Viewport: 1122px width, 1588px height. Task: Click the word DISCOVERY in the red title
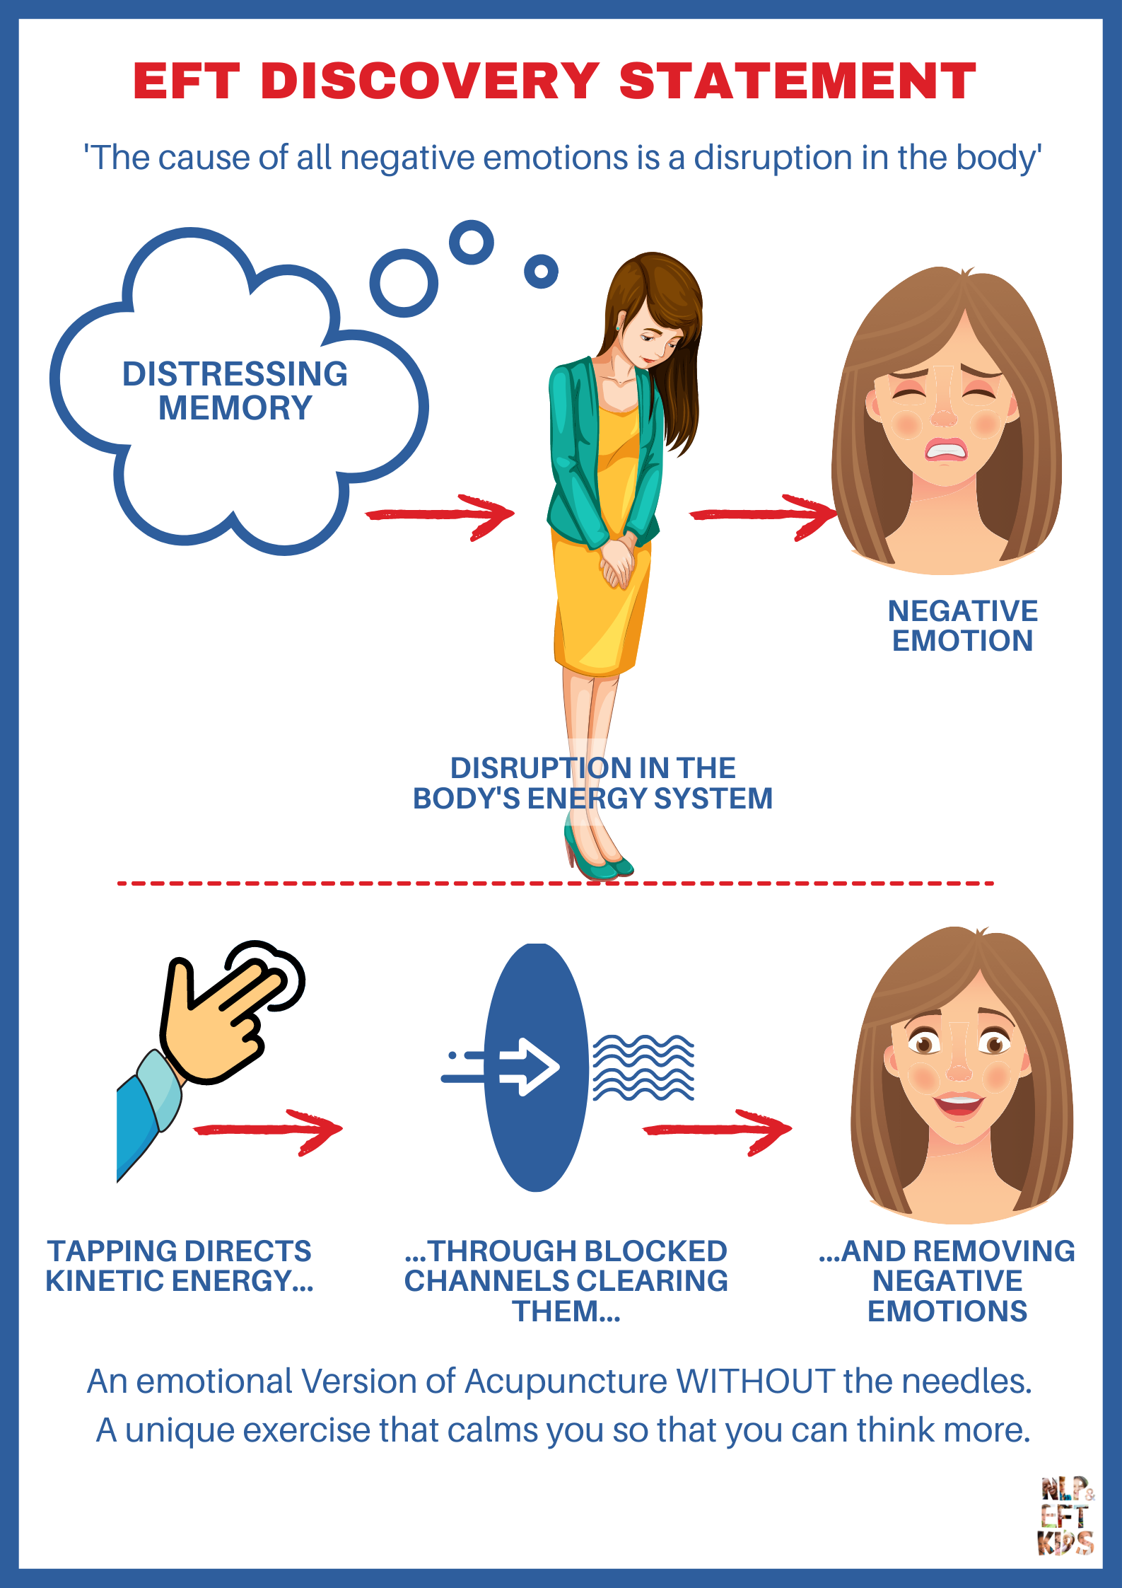point(430,81)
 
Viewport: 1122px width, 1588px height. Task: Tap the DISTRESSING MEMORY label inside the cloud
point(235,390)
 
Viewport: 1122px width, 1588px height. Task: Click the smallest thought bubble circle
point(541,272)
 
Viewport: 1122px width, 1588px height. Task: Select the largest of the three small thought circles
point(404,283)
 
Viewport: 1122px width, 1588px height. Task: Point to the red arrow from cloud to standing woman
point(440,515)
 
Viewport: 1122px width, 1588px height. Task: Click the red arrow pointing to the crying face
point(764,515)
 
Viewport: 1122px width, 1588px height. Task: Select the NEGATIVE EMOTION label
point(962,626)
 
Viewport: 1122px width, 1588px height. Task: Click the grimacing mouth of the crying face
point(945,450)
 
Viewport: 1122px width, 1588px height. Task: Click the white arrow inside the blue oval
point(529,1067)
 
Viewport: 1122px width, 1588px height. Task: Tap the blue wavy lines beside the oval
point(643,1067)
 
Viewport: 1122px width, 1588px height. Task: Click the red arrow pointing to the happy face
point(717,1130)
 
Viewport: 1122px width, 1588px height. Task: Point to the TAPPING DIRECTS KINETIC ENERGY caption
point(180,1266)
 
